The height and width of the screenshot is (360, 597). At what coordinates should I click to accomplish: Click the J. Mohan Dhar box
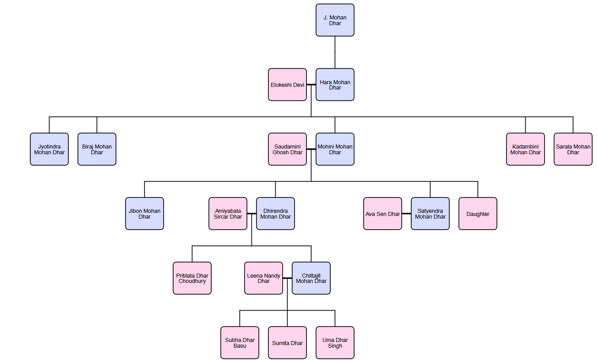coord(335,20)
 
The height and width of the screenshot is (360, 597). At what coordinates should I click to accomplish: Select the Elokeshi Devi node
coord(287,85)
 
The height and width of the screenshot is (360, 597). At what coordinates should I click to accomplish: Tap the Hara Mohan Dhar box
coord(335,85)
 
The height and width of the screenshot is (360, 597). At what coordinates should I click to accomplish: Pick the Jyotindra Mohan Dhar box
coord(49,149)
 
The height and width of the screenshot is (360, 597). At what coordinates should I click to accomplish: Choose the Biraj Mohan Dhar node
coord(97,149)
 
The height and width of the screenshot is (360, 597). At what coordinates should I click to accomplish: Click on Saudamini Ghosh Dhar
coord(287,149)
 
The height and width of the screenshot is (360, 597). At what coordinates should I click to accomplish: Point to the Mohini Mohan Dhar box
coord(335,149)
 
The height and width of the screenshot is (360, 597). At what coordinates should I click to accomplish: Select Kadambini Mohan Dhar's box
coord(526,149)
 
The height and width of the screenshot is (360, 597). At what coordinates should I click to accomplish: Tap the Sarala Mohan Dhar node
coord(573,149)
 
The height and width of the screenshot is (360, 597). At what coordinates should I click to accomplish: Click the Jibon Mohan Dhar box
coord(145,214)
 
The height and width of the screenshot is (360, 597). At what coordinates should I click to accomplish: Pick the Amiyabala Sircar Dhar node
coord(228,214)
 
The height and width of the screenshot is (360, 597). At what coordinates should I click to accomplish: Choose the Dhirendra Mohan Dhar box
coord(276,214)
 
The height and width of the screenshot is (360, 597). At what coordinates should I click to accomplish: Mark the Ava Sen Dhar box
coord(383,214)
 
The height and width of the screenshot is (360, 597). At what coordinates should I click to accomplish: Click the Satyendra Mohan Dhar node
coord(430,214)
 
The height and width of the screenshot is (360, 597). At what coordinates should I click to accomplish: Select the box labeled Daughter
coord(478,214)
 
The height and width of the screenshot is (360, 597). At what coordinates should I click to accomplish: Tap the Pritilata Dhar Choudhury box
coord(192,278)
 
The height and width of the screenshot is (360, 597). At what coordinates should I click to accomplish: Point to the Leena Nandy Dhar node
coord(264,278)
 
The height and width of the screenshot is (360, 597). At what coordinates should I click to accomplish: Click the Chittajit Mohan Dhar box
coord(311,278)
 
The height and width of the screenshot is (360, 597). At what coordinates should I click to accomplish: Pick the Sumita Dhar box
coord(287,343)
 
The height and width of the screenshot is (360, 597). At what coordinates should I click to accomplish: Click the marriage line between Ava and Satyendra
coord(407,214)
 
